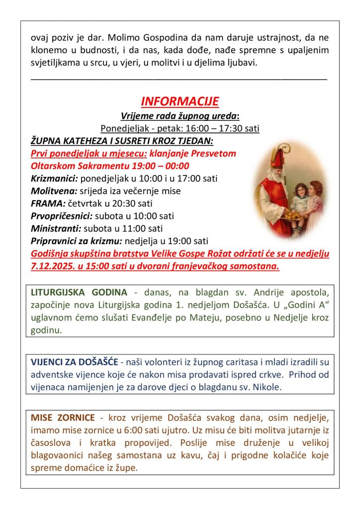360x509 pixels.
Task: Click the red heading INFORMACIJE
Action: [180, 102]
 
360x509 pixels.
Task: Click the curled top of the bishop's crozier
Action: [287, 148]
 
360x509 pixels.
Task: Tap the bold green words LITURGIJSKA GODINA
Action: [79, 292]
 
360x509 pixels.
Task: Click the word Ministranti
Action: [56, 229]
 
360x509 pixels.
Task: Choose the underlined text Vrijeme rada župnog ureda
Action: [180, 116]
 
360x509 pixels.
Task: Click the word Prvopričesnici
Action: [62, 216]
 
